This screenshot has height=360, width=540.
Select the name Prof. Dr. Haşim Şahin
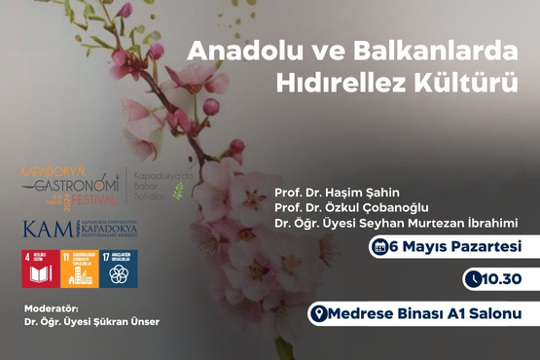[x=337, y=192]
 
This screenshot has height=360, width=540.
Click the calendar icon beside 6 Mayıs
[x=378, y=246]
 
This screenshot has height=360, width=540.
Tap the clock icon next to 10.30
[x=473, y=280]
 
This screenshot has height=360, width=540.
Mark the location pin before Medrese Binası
[x=316, y=313]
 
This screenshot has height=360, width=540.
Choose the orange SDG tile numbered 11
[x=78, y=268]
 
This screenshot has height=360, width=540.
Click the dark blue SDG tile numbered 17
[x=119, y=268]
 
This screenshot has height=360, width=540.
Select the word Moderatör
[x=50, y=309]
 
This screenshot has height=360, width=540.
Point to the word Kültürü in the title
[x=479, y=84]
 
